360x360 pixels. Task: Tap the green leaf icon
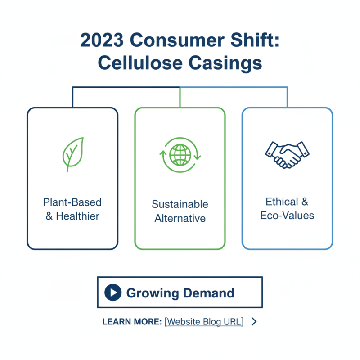[73, 153]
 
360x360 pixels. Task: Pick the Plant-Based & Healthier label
[72, 209]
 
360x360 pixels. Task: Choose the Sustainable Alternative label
[180, 211]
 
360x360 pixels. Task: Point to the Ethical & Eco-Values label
[287, 208]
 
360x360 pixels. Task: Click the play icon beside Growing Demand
[113, 293]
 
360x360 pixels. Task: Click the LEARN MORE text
[132, 322]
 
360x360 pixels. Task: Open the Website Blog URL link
[204, 322]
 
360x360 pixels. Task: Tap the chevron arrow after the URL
[254, 321]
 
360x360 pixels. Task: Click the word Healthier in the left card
[78, 216]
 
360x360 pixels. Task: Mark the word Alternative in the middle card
[180, 219]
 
